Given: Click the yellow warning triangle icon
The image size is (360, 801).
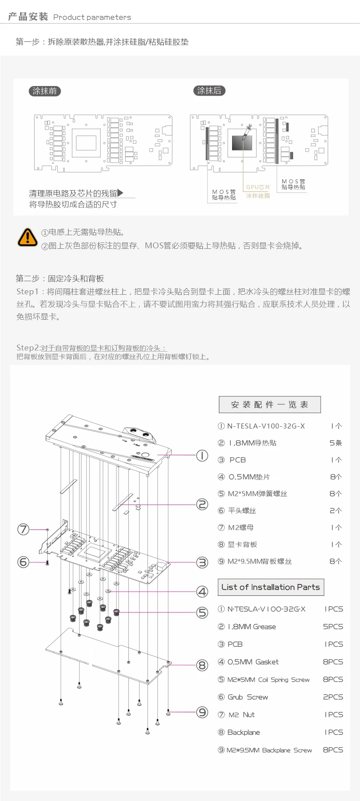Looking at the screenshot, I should click(x=27, y=237).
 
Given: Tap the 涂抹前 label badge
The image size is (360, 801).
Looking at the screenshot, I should click(x=45, y=91).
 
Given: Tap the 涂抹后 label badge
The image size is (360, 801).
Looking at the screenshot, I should click(x=209, y=91).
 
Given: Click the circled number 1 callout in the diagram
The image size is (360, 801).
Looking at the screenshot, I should click(x=202, y=455).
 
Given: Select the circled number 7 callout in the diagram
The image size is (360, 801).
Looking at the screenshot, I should click(x=23, y=529).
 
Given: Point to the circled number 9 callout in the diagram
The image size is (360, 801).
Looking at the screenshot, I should click(x=202, y=712).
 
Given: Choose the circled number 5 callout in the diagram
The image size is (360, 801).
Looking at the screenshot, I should click(x=202, y=613).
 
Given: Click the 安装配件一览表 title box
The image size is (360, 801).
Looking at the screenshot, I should click(x=269, y=404).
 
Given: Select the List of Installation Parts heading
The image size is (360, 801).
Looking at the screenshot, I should click(x=270, y=587).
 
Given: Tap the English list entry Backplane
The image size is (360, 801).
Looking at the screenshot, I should click(x=243, y=732).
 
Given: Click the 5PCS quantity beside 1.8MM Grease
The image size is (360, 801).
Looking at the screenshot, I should click(x=333, y=626).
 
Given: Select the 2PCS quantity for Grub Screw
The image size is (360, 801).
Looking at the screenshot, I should click(x=333, y=697).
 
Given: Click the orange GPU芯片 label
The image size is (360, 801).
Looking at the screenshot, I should click(x=258, y=187).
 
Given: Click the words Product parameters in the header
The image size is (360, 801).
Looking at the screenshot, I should click(x=92, y=17).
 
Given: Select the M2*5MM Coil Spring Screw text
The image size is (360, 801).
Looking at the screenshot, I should click(x=268, y=680).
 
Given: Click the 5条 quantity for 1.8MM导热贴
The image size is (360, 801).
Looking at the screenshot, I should click(x=335, y=443).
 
